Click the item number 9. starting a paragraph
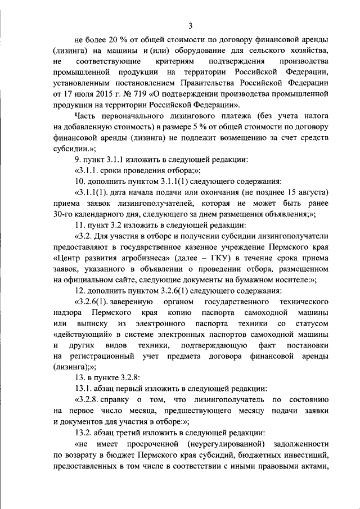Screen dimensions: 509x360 tap(78, 159)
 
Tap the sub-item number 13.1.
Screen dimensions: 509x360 tap(83, 389)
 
